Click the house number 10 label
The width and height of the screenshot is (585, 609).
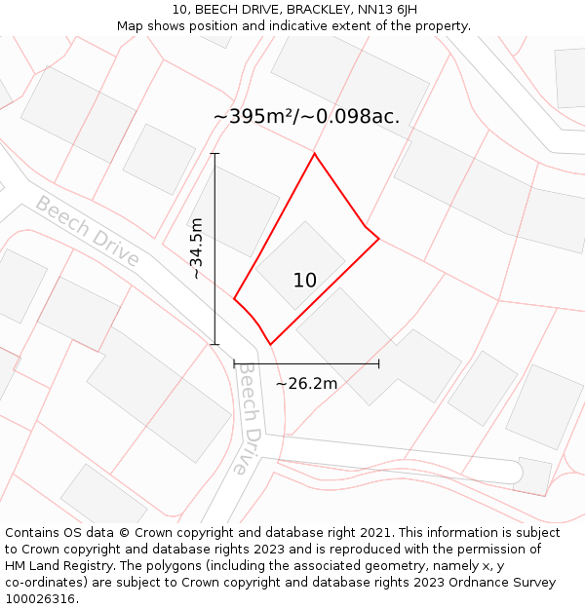pos(305,281)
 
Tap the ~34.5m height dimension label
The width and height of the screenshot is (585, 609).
pos(197,248)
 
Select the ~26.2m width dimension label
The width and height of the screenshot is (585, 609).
pos(306,384)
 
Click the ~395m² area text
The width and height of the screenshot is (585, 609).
pos(255,117)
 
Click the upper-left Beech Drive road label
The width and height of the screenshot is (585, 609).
pos(87,231)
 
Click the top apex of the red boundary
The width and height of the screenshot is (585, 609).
pos(314,153)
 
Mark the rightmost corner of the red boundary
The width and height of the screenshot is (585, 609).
pos(378,239)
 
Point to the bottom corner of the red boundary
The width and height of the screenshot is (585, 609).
pos(270,345)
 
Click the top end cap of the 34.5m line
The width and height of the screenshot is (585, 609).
pos(215,153)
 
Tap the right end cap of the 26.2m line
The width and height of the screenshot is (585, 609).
pos(378,363)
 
